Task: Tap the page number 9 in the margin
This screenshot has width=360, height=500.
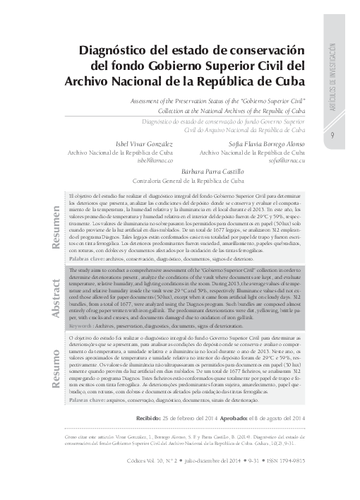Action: click(332, 136)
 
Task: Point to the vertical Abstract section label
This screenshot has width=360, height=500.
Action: click(54, 292)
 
